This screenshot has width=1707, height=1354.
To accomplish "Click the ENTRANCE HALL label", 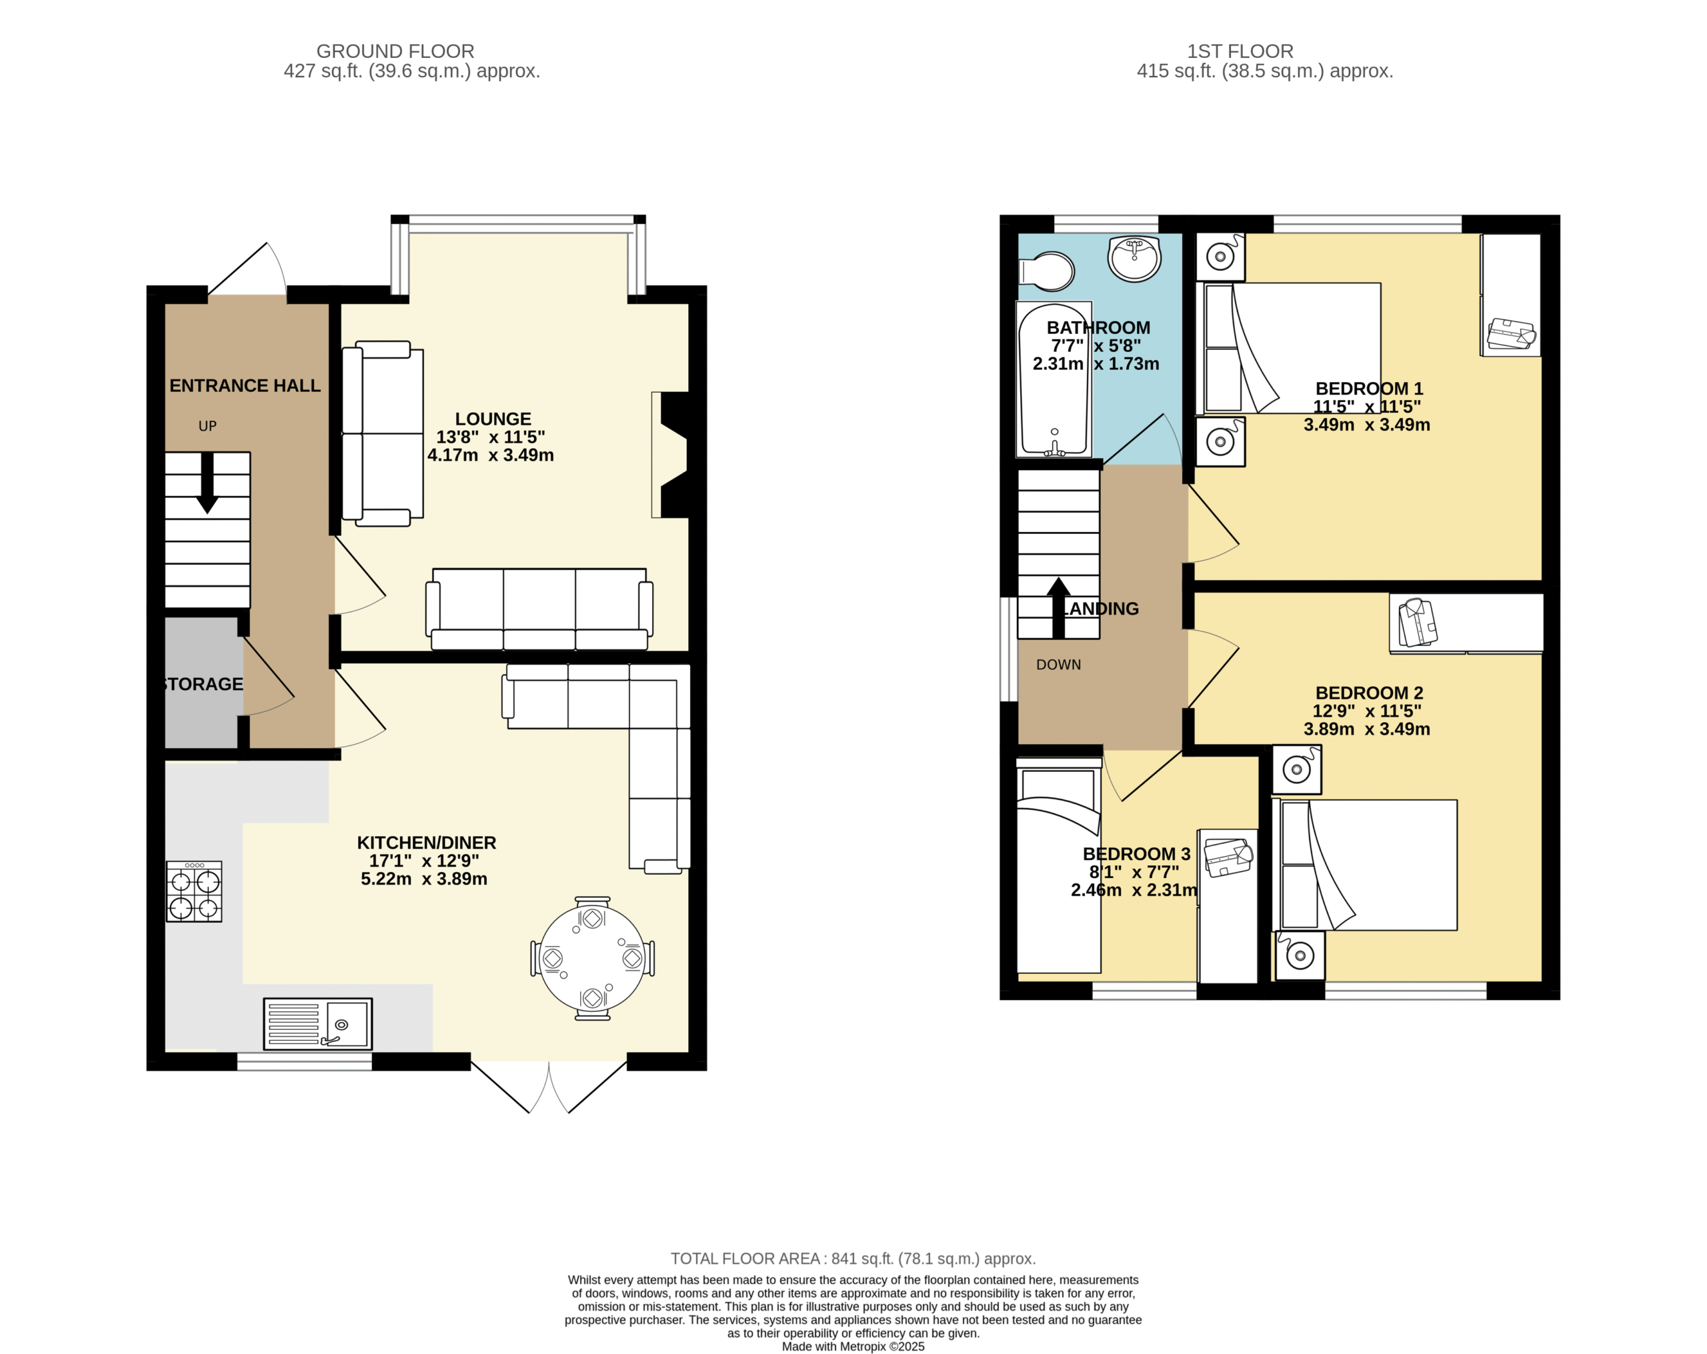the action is click(x=245, y=385).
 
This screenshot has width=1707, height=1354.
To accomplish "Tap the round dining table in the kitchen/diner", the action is click(x=592, y=958).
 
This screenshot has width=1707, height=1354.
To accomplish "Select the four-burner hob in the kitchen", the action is click(x=194, y=891).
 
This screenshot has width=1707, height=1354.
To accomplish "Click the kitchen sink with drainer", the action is click(x=317, y=1023).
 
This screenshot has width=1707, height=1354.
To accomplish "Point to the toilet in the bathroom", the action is click(x=1047, y=271).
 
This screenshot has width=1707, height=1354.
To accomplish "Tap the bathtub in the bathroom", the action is click(x=1054, y=379).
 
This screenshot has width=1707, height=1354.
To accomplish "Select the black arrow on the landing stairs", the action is click(x=1059, y=607).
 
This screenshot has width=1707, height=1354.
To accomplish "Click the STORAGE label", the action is click(x=203, y=684).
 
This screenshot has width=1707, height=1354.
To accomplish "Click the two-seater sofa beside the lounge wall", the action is click(x=383, y=434).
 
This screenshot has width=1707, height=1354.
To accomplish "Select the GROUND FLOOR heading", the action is click(x=395, y=51).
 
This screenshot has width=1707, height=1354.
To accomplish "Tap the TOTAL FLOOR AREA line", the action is click(x=853, y=1258).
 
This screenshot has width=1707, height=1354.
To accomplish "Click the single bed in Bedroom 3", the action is click(x=1059, y=865).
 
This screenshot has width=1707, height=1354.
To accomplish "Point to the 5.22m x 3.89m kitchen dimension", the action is click(x=424, y=879).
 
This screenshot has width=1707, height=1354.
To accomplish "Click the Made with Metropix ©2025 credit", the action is click(x=853, y=1346).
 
